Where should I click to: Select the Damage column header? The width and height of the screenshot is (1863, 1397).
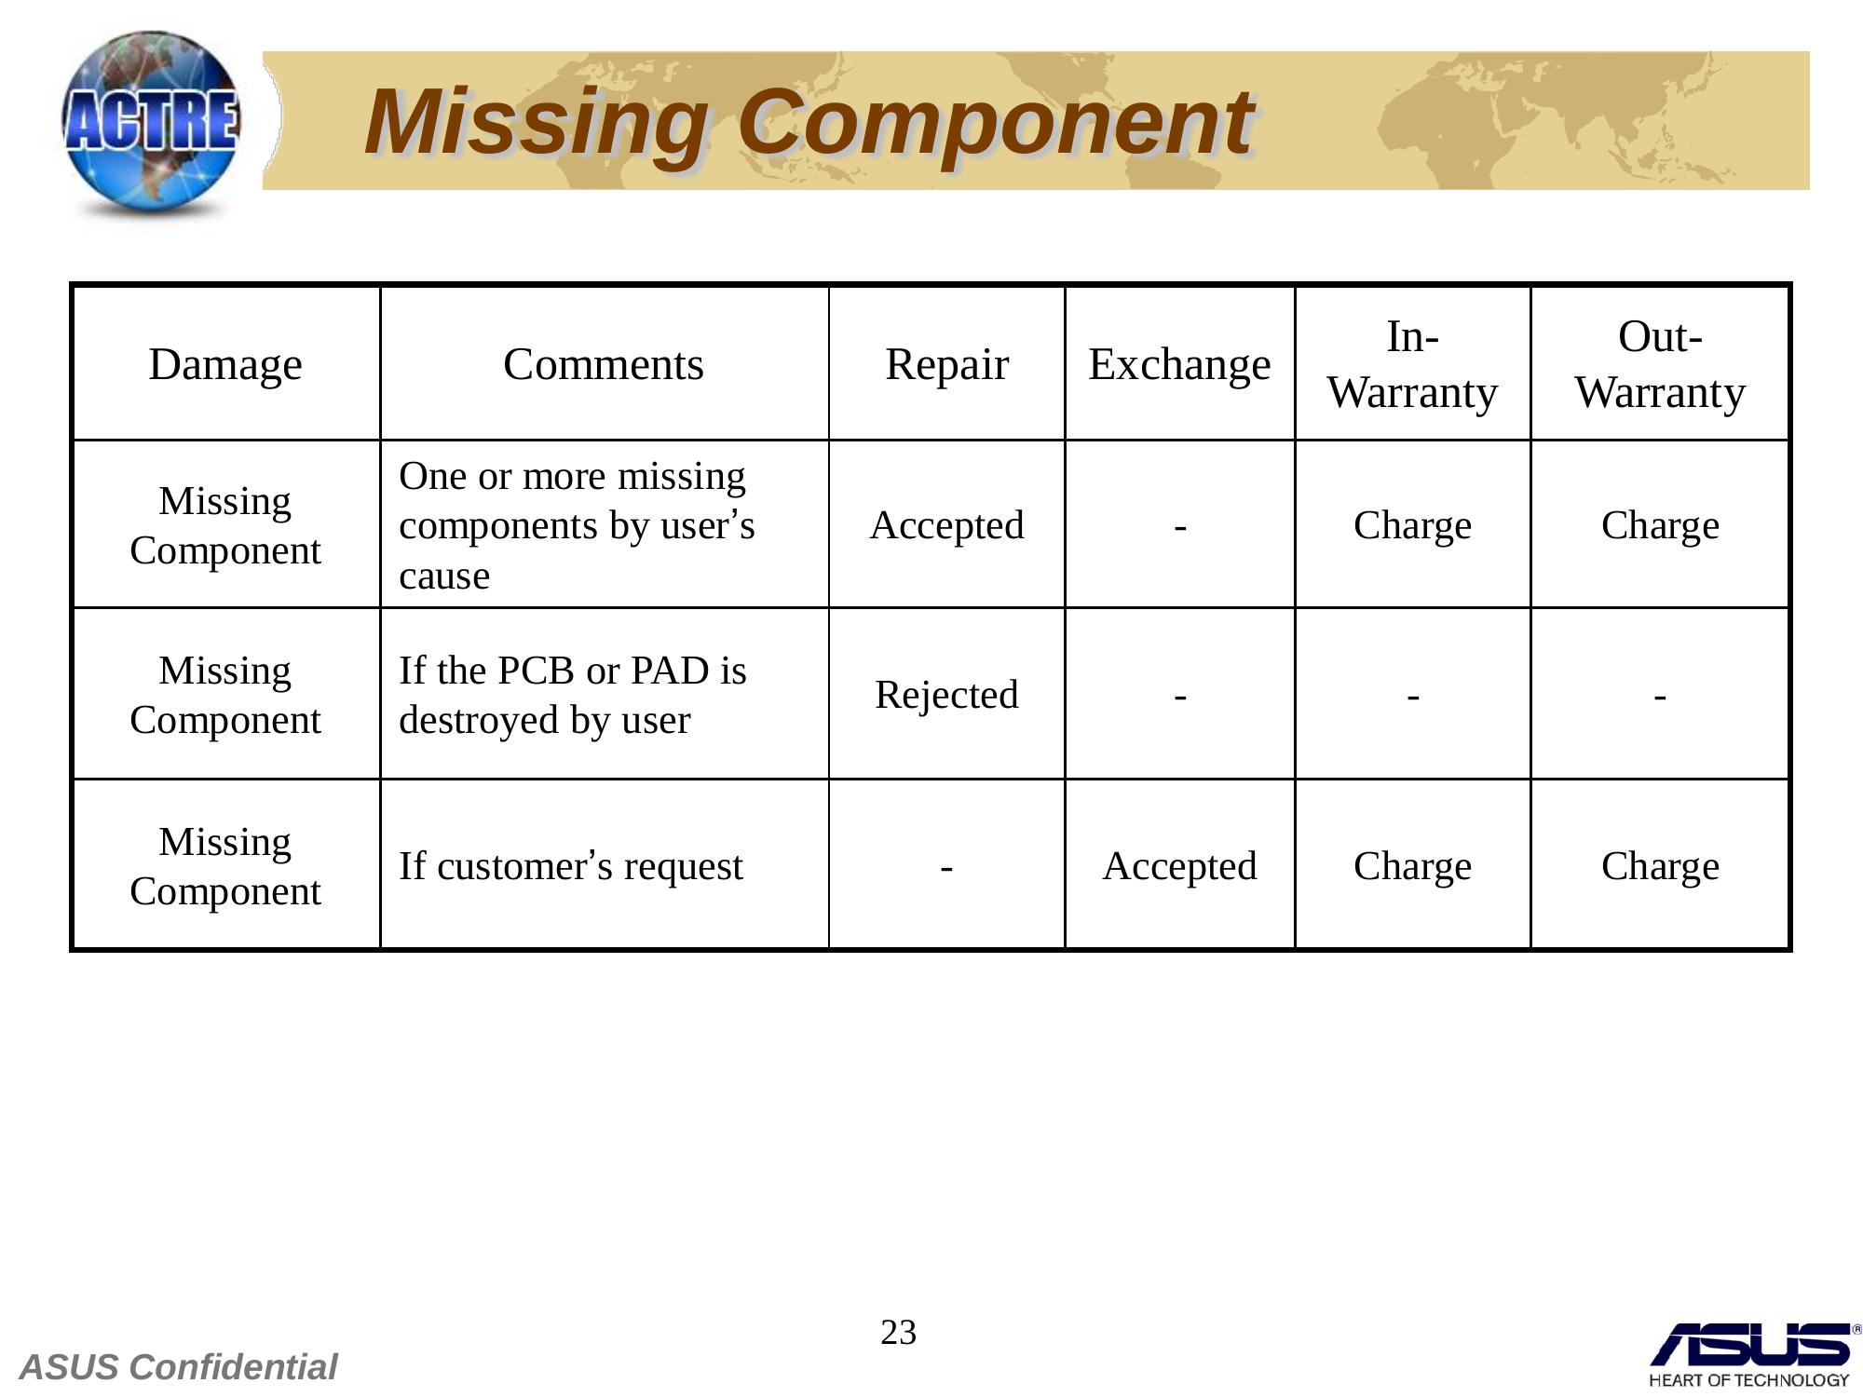tap(225, 364)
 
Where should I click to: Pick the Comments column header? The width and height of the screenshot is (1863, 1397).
tap(604, 364)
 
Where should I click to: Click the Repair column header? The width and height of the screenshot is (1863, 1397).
tap(946, 365)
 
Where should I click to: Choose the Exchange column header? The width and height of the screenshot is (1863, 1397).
tap(1179, 364)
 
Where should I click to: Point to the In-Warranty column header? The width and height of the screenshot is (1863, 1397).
tap(1412, 364)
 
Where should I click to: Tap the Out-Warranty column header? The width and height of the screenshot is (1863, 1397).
tap(1660, 364)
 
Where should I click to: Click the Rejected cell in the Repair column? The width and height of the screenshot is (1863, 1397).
tap(946, 696)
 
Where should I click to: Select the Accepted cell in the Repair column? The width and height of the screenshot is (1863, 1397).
tap(946, 525)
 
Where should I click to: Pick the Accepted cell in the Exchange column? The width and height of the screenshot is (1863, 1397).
tap(1179, 866)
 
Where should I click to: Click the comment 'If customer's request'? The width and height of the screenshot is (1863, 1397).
tap(571, 866)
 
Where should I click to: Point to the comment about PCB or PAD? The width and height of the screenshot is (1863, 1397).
tap(573, 695)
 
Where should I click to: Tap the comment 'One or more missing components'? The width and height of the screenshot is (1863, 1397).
tap(577, 525)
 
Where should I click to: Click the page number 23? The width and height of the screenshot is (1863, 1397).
tap(899, 1333)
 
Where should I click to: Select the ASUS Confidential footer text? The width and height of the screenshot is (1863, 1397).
tap(178, 1367)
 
